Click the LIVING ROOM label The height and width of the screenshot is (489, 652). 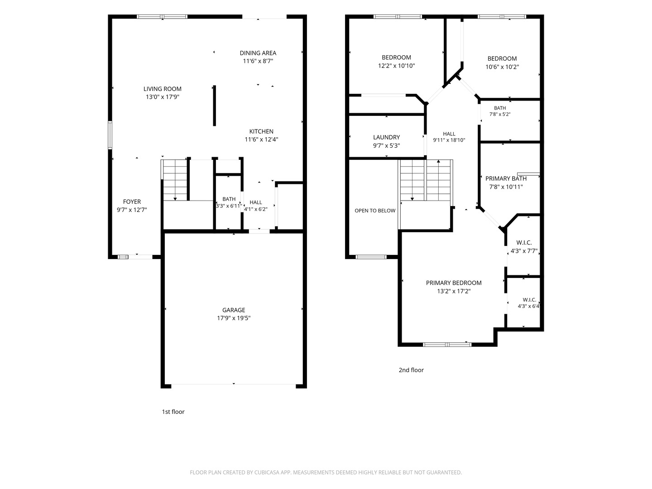coord(162,89)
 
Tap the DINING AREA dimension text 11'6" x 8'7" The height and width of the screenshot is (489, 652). coord(258,61)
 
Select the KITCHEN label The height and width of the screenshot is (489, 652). coord(261,131)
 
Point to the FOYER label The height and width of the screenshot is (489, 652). coord(132,201)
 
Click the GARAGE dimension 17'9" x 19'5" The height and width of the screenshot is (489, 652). coord(234,318)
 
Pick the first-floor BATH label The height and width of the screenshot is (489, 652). coord(229,199)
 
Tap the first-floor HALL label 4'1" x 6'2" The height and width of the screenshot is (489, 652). coord(255,209)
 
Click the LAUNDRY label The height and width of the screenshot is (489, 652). coord(387,137)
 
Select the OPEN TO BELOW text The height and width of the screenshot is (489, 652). coord(375,211)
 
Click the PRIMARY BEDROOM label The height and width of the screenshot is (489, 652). coord(454,283)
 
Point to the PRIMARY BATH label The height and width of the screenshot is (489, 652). coord(506,178)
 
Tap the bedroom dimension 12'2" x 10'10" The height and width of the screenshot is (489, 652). coord(396,66)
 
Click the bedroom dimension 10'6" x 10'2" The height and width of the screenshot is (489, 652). coord(502,67)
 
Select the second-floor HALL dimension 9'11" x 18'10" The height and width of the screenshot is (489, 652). coord(449,140)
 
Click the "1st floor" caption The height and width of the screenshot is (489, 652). coord(173,412)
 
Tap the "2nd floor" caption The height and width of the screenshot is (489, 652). coord(411,370)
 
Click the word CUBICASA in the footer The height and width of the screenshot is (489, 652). coord(267,472)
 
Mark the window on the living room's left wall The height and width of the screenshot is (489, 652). coord(110,135)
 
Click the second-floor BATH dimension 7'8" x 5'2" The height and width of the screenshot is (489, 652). coord(499,114)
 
